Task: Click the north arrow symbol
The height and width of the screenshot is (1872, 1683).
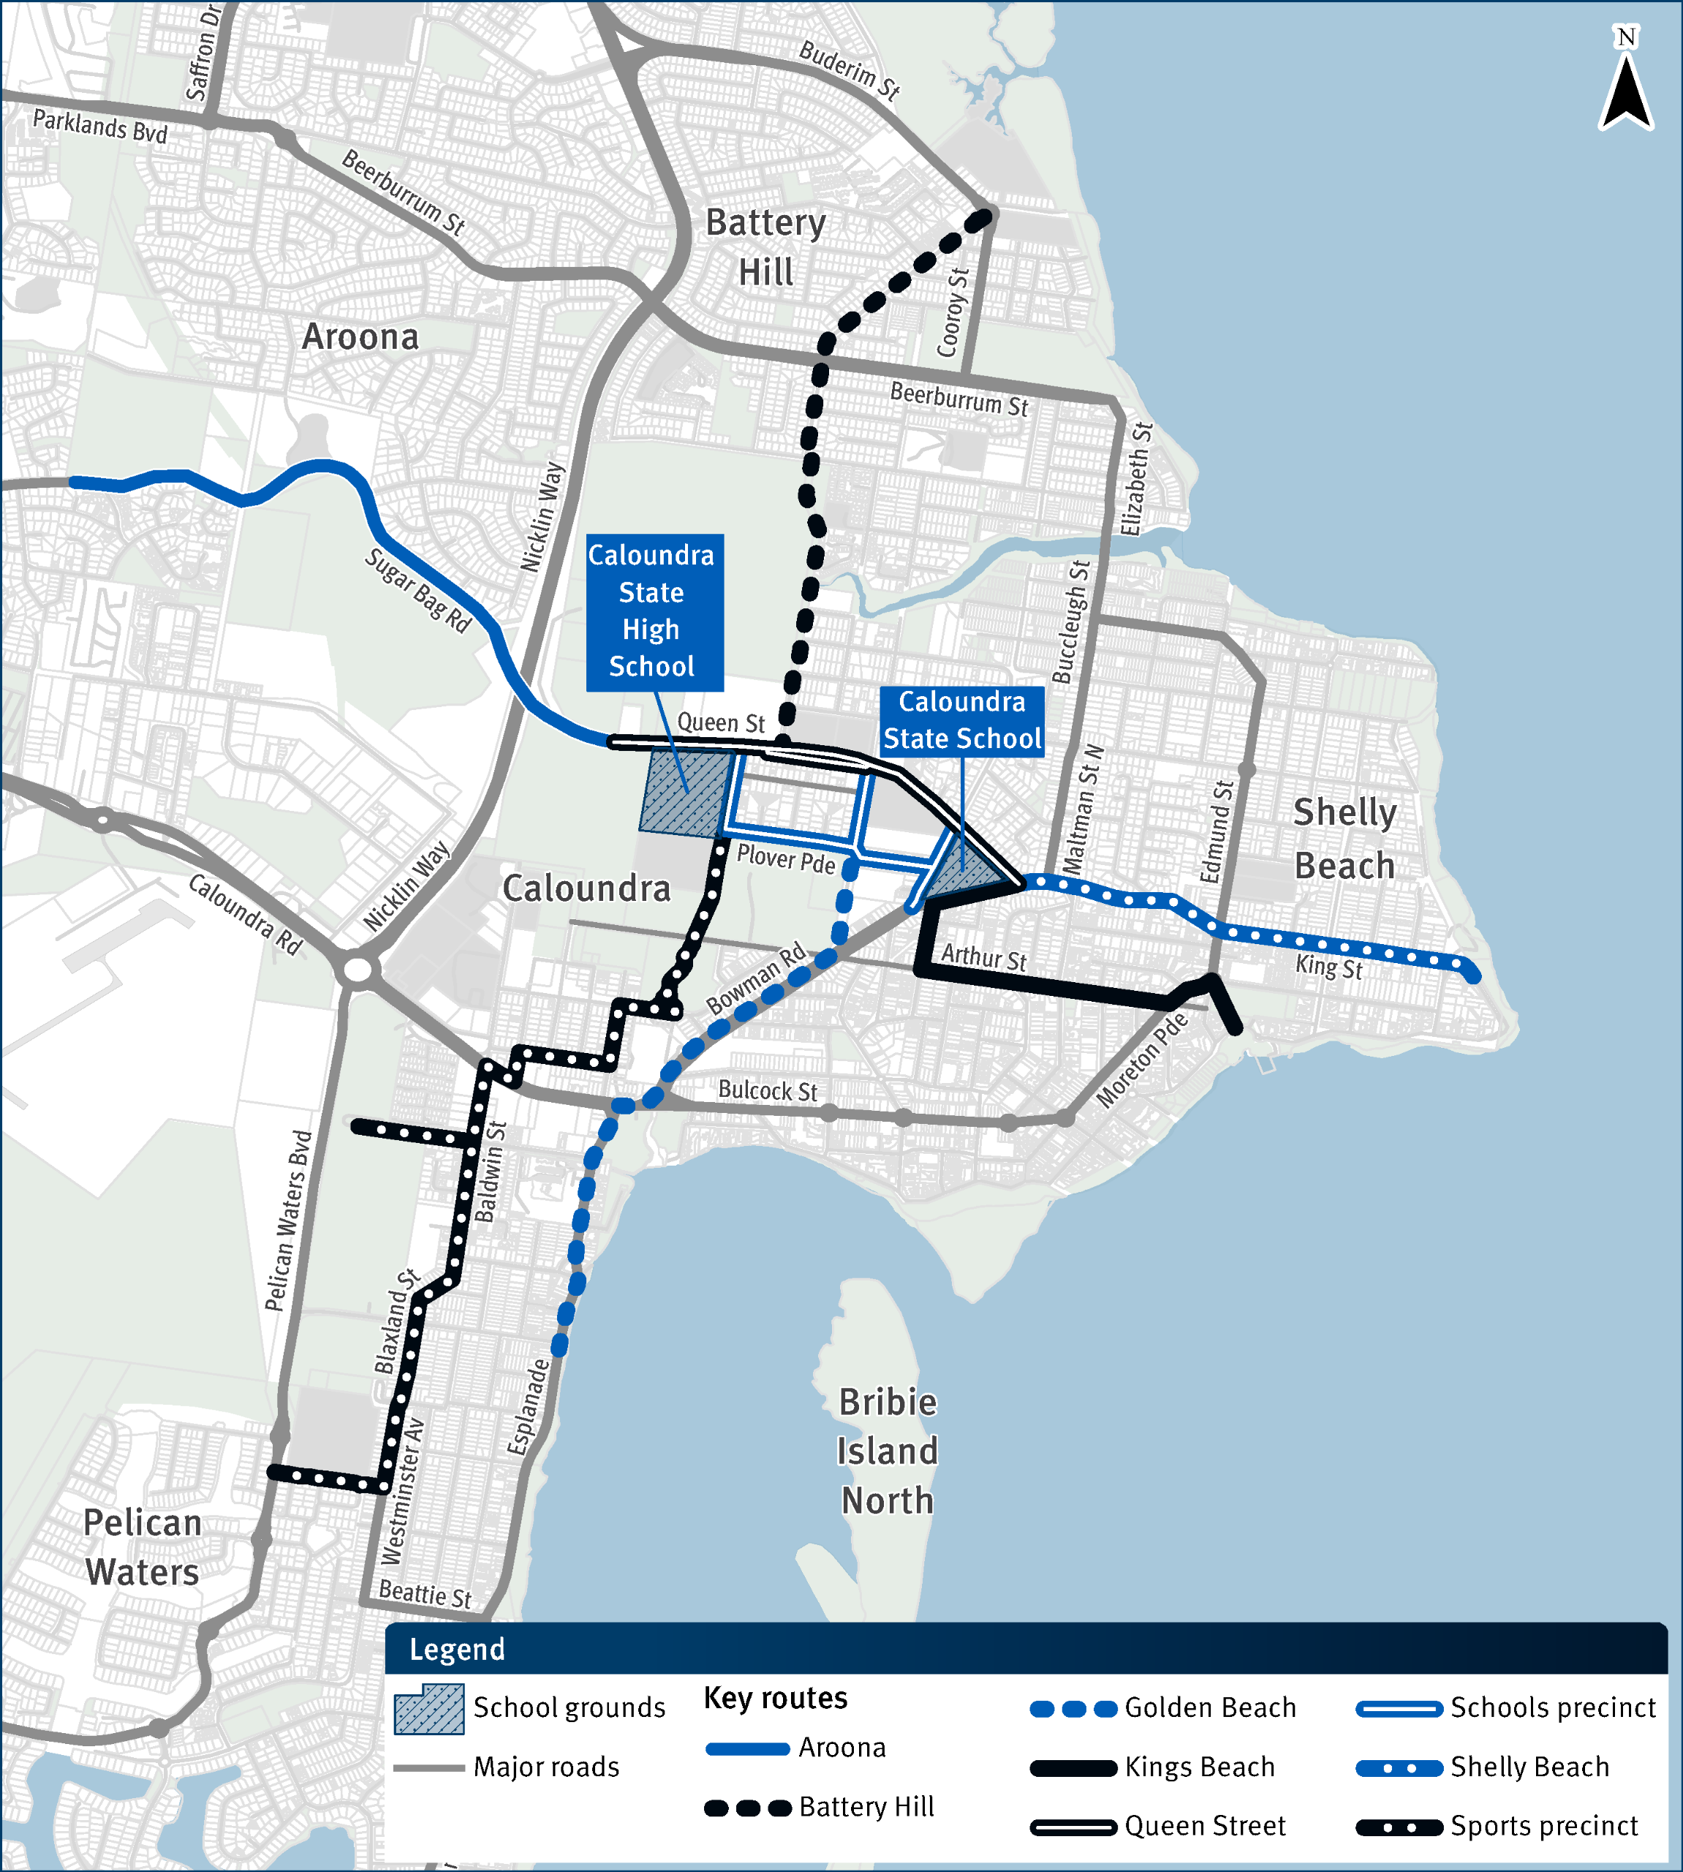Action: (x=1626, y=84)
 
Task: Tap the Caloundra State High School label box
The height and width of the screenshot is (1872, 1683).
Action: (x=654, y=611)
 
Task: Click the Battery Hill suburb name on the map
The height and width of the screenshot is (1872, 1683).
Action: (x=765, y=248)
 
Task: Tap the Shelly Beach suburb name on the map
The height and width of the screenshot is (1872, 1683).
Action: (x=1344, y=839)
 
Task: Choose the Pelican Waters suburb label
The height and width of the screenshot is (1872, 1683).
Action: (x=142, y=1547)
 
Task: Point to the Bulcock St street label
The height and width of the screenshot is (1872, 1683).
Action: (x=768, y=1091)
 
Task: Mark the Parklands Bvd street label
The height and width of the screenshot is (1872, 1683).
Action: (x=100, y=126)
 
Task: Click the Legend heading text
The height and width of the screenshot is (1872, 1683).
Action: (x=457, y=1649)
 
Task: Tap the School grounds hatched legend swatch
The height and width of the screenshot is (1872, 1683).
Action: (x=429, y=1708)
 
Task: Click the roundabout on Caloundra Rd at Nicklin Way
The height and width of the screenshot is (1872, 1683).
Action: (x=357, y=971)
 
